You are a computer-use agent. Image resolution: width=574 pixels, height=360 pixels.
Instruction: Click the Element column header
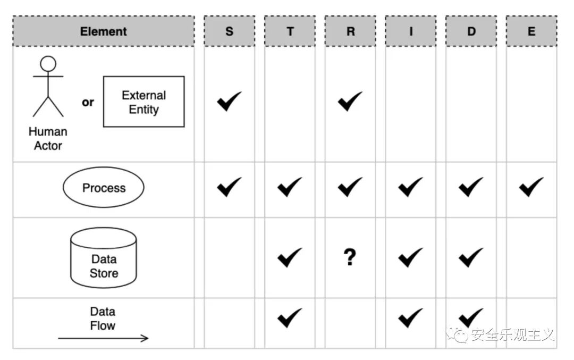[x=104, y=31]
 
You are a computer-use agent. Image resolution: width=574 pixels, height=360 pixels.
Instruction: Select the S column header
[x=230, y=31]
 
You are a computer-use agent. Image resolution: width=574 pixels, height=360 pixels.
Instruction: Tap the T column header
[x=290, y=31]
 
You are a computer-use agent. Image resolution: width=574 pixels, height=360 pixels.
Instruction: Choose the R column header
[x=350, y=31]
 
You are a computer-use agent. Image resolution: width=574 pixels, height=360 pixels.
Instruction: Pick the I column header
[x=411, y=31]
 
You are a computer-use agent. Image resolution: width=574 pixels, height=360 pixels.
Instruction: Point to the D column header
[x=471, y=31]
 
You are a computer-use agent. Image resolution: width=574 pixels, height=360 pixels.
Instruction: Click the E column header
[x=531, y=31]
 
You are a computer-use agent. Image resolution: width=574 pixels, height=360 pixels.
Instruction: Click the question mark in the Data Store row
[x=350, y=257]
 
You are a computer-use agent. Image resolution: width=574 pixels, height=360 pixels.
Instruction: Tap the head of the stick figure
[x=48, y=64]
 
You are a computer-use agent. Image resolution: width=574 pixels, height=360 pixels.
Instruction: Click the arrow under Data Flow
[x=103, y=338]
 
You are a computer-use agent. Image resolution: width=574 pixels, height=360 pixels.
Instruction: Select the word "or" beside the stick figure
[x=88, y=103]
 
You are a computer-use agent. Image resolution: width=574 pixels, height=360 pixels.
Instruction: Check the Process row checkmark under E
[x=531, y=187]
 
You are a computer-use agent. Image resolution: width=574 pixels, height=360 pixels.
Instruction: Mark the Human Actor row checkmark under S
[x=230, y=101]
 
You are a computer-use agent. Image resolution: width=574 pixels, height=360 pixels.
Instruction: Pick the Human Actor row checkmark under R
[x=350, y=101]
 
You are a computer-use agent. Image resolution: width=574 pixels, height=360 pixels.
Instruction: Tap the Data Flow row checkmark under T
[x=290, y=318]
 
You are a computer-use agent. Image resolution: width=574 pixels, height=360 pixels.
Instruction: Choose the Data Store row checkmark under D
[x=471, y=257]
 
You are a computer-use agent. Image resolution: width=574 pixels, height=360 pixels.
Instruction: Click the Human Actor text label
[x=48, y=138]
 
